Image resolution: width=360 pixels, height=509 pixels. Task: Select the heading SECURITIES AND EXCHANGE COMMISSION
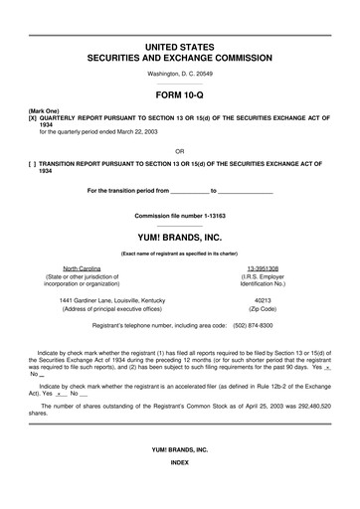[180, 59]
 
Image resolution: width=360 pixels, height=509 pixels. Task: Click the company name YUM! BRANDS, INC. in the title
[179, 239]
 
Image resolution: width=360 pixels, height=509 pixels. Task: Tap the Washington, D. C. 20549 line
[179, 75]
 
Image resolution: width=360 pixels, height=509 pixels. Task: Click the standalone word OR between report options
[179, 151]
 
